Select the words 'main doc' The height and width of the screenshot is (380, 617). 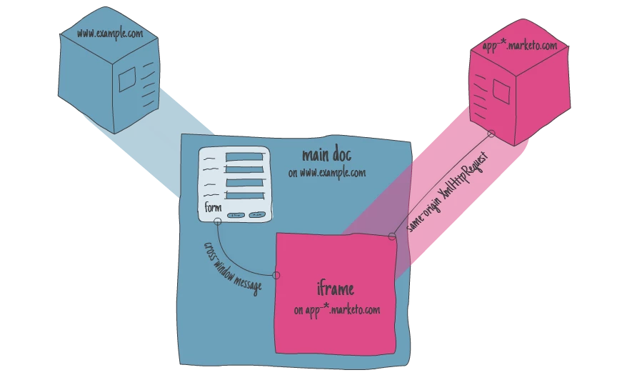pyautogui.click(x=326, y=156)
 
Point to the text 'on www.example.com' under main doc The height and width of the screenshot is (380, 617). pyautogui.click(x=327, y=173)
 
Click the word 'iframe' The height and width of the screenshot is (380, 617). pyautogui.click(x=335, y=290)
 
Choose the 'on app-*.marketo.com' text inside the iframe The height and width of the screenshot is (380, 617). pyautogui.click(x=336, y=311)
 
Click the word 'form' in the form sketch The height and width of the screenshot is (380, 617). pyautogui.click(x=213, y=208)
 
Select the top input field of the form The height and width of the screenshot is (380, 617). pyautogui.click(x=245, y=157)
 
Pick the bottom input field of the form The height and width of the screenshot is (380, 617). pyautogui.click(x=245, y=195)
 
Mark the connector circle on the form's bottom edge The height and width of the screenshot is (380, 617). pyautogui.click(x=216, y=221)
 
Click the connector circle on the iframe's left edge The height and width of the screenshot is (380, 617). pyautogui.click(x=276, y=275)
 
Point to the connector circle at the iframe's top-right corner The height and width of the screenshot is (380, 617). pyautogui.click(x=391, y=236)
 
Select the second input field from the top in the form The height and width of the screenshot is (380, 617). pyautogui.click(x=245, y=169)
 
